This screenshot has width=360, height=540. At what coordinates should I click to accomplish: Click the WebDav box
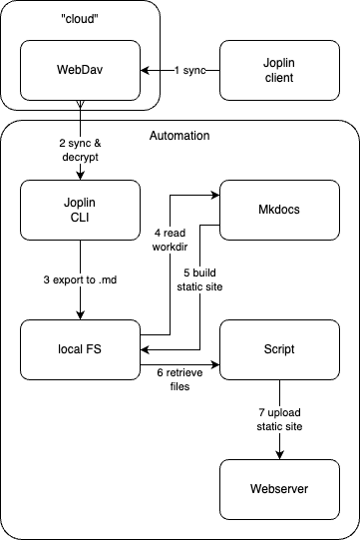(80, 70)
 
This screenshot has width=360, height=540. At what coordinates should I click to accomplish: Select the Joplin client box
(279, 70)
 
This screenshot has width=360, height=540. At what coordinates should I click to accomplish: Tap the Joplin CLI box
(80, 210)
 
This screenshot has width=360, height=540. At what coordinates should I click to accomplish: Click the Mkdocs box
(279, 210)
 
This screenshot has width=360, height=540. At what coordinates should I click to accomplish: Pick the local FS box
(80, 349)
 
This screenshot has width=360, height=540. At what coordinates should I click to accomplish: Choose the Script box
(279, 349)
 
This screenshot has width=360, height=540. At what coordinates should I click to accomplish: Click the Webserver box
(279, 489)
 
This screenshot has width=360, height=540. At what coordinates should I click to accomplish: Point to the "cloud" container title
(80, 18)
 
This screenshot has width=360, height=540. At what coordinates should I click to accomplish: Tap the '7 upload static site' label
(279, 417)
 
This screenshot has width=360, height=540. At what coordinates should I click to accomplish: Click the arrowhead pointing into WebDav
(146, 70)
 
